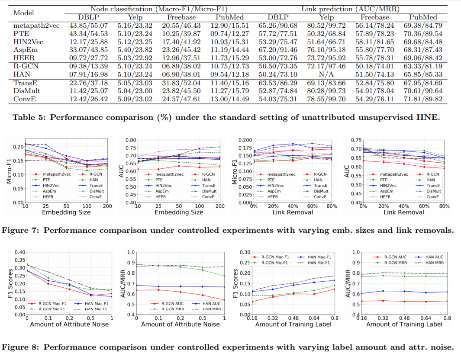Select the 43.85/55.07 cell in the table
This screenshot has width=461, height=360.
click(x=88, y=26)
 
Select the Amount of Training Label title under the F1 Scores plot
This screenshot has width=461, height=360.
click(x=288, y=324)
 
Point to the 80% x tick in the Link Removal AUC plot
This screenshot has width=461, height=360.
click(x=443, y=206)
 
